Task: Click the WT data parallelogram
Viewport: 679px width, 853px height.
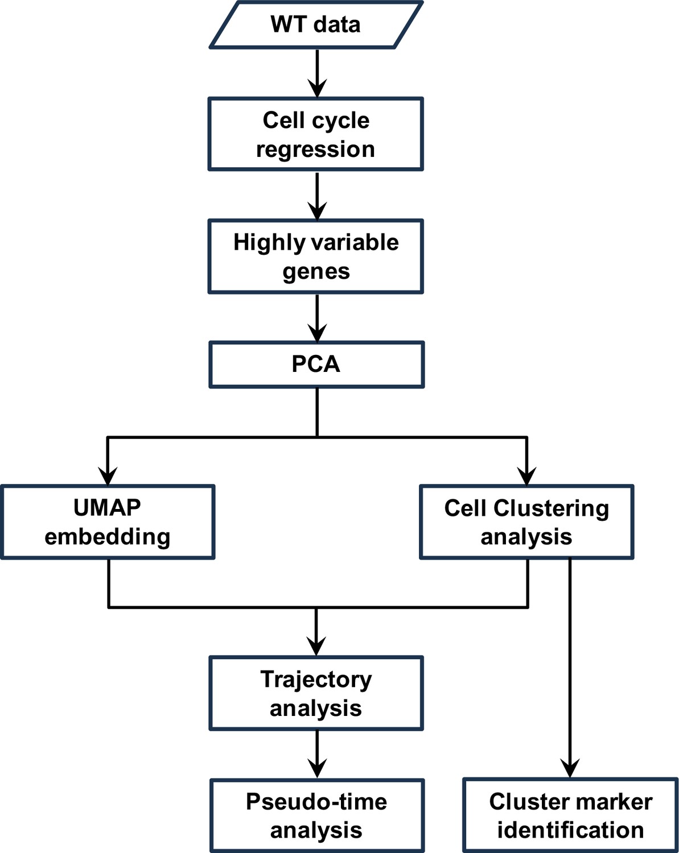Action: tap(316, 24)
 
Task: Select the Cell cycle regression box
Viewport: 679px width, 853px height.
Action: tap(316, 134)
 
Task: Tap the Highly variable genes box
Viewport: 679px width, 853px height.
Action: tap(316, 256)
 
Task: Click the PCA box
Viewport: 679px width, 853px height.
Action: tap(316, 365)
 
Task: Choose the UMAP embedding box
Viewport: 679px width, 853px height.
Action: tap(108, 521)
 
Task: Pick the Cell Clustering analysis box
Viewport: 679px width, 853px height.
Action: tap(526, 521)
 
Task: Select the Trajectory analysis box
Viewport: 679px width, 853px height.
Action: tap(316, 693)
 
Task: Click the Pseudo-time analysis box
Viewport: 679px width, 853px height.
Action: tap(317, 815)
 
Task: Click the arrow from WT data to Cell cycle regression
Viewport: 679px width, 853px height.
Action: tap(317, 73)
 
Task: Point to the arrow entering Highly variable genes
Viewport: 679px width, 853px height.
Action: tap(317, 196)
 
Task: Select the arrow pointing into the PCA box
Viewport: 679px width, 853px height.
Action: tap(317, 318)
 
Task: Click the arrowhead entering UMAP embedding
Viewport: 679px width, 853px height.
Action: tap(108, 475)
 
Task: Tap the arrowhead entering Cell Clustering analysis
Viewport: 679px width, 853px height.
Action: tap(526, 475)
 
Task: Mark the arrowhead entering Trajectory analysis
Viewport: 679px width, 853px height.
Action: tap(316, 647)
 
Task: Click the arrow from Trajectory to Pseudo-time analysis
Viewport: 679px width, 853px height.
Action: tap(317, 754)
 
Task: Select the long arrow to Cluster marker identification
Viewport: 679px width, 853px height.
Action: tap(570, 668)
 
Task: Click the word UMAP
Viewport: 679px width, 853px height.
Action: tap(107, 507)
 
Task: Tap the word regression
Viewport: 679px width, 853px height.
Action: tap(315, 150)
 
